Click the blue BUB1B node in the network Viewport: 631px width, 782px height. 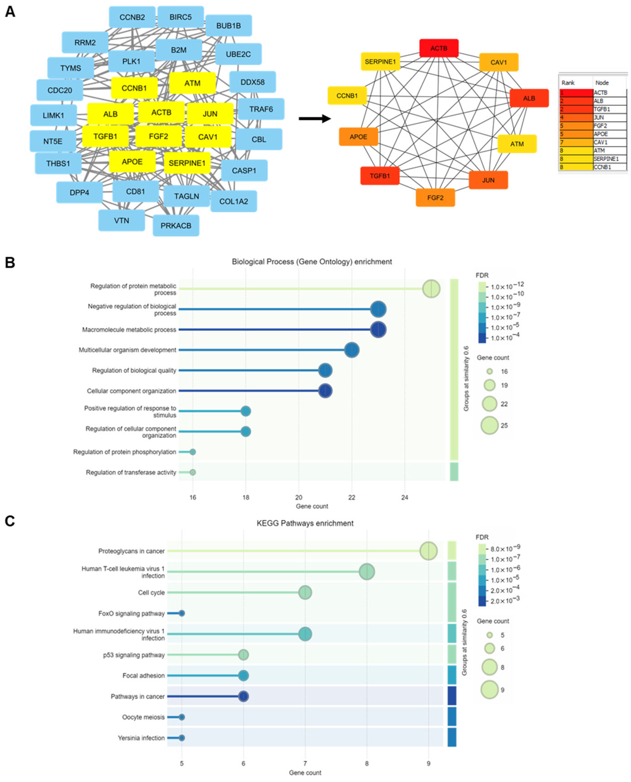pos(228,26)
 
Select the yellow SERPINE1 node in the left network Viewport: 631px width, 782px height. pos(187,163)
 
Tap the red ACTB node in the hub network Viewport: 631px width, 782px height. pos(439,48)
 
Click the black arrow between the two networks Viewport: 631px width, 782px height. pos(314,118)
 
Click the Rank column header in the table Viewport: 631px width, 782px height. pos(568,83)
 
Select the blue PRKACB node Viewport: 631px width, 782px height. pos(176,226)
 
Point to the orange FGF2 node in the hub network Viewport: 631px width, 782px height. pos(435,197)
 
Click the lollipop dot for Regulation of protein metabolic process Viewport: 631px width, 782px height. pos(431,289)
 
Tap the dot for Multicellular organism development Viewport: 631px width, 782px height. pos(351,350)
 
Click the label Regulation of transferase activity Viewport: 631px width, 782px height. pos(131,472)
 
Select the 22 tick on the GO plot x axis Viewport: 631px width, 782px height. pos(351,497)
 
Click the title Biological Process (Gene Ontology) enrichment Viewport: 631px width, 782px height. pos(312,262)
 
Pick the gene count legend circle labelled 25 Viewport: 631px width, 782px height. pos(489,425)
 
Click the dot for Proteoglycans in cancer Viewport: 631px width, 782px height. pos(428,551)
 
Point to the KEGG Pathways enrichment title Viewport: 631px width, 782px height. pos(305,523)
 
